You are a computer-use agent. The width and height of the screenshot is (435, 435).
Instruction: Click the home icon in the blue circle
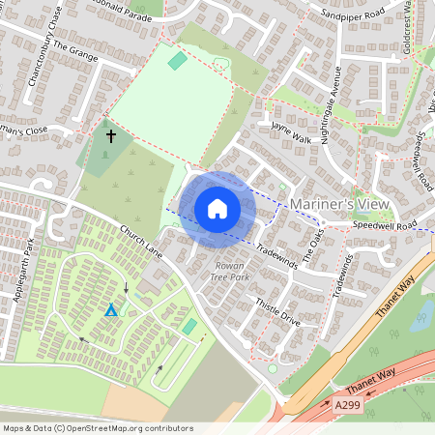pyautogui.click(x=217, y=208)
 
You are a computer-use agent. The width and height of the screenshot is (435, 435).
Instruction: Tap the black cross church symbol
pyautogui.click(x=110, y=136)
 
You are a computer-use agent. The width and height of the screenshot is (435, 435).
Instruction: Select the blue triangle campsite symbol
pyautogui.click(x=111, y=310)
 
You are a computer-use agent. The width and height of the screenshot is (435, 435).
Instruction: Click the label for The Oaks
pyautogui.click(x=314, y=235)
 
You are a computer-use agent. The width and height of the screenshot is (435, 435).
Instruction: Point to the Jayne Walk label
pyautogui.click(x=292, y=131)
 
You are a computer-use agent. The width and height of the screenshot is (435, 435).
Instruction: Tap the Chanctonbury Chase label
pyautogui.click(x=45, y=58)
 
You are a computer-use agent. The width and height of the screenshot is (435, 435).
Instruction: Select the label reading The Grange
pyautogui.click(x=76, y=51)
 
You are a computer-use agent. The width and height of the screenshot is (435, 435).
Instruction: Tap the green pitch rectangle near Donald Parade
pyautogui.click(x=177, y=61)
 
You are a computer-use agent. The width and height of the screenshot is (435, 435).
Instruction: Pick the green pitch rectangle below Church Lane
pyautogui.click(x=189, y=327)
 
